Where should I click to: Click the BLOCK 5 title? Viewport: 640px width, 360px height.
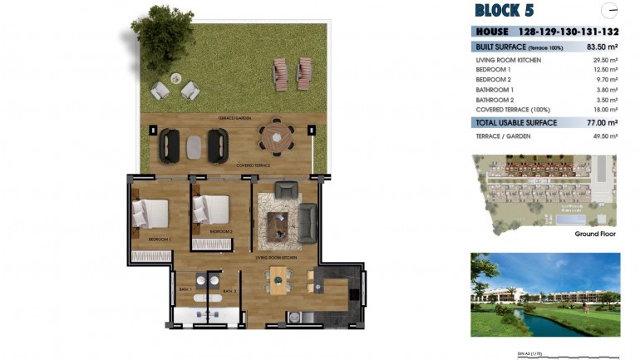pos(504,11)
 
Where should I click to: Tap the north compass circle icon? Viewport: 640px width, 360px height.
pos(610,11)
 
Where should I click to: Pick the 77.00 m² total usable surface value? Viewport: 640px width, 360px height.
pos(601,122)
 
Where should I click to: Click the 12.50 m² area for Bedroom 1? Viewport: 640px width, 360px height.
pos(604,70)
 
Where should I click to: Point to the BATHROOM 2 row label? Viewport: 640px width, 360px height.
pos(495,99)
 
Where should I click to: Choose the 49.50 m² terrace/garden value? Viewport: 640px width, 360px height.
pos(604,136)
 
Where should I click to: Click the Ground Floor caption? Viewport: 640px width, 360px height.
pos(595,234)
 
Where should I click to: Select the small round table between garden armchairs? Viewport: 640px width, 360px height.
pos(176,78)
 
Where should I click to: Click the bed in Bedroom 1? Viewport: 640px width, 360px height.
pos(150,214)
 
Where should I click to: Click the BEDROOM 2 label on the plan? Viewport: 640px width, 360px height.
pos(220,231)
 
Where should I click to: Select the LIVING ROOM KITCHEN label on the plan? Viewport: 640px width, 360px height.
pos(277,259)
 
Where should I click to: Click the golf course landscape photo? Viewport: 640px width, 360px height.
pos(545,294)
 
